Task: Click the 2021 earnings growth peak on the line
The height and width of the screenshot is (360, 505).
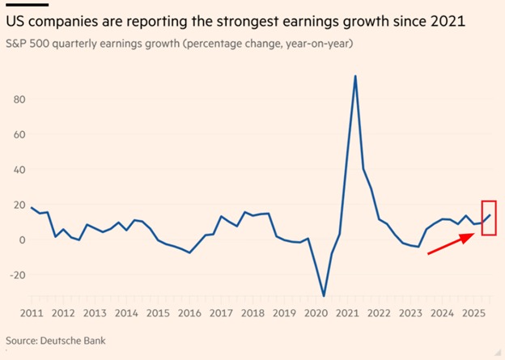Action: (x=355, y=77)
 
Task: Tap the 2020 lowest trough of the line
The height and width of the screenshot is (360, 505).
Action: (x=324, y=295)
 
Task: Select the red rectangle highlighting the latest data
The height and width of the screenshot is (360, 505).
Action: (x=488, y=218)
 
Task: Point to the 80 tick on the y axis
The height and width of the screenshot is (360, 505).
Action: (x=19, y=99)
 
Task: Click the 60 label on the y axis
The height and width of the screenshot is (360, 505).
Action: (x=19, y=134)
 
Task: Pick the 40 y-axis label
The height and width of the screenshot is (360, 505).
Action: (x=19, y=170)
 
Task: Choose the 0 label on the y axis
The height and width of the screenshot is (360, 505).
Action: (x=22, y=240)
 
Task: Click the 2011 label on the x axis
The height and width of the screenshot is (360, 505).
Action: (x=32, y=313)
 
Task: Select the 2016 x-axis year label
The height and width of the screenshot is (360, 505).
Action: (x=189, y=313)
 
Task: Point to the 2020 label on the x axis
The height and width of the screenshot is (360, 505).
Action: (x=316, y=313)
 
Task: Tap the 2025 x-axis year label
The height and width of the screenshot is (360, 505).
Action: (x=473, y=313)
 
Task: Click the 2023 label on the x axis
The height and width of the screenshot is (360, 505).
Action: (x=410, y=313)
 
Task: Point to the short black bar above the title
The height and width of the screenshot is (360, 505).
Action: (x=22, y=3)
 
